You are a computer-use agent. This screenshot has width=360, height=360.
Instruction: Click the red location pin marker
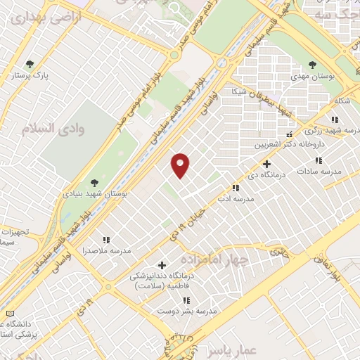(181, 165)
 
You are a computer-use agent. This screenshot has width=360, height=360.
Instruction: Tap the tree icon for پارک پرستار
(29, 65)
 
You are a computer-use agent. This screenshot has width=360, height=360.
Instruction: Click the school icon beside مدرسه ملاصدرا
(107, 240)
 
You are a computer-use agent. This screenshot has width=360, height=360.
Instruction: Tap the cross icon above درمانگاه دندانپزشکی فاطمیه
(162, 265)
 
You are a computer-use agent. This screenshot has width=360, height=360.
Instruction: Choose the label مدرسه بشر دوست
(187, 310)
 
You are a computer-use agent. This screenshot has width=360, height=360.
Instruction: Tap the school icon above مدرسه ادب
(236, 188)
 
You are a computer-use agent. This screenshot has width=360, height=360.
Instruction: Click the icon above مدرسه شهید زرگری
(335, 120)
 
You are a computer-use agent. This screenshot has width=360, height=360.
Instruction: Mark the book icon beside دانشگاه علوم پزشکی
(8, 313)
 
